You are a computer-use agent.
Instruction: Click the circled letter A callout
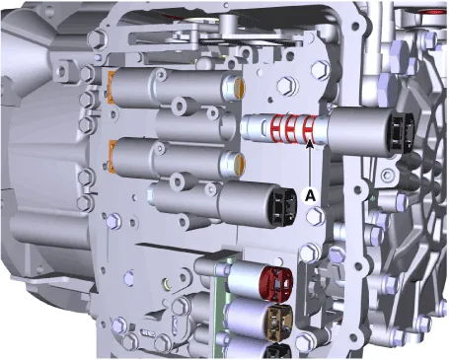[310, 196]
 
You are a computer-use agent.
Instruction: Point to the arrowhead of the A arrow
[310, 143]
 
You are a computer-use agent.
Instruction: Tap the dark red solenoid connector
[276, 283]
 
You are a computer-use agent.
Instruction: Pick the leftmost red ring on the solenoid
[275, 129]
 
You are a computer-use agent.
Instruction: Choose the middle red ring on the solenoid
[291, 129]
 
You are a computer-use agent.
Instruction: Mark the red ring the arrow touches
[309, 130]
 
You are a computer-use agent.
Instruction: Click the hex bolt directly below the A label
[315, 216]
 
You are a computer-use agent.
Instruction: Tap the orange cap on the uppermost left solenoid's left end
[112, 85]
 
